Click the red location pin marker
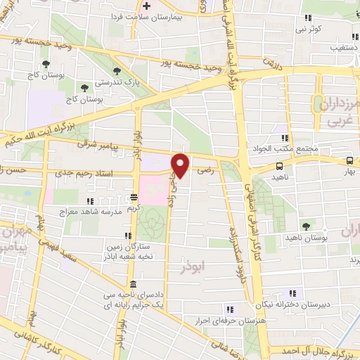[x=181, y=165]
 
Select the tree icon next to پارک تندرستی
[x=114, y=70]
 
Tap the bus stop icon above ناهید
[x=280, y=166]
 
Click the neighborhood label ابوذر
[x=191, y=268]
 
